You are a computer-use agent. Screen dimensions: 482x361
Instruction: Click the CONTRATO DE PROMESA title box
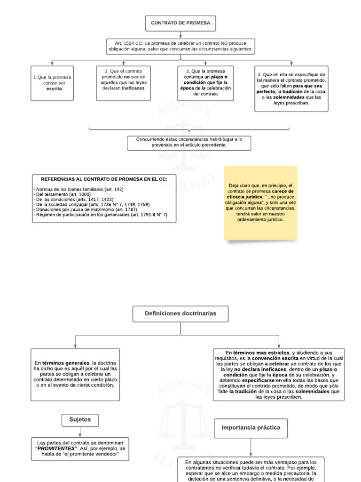click(180, 23)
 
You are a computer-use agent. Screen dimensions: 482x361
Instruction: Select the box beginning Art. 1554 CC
click(180, 46)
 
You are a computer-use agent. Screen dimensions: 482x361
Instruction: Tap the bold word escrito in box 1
click(54, 88)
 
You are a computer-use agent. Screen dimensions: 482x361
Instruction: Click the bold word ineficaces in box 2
click(134, 88)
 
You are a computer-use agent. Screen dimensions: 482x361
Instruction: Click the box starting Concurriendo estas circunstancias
click(189, 142)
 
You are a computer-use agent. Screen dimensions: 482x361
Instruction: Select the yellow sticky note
click(260, 202)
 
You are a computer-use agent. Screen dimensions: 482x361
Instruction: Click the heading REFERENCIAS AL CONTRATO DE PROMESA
click(101, 179)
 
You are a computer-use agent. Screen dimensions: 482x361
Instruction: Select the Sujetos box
click(80, 419)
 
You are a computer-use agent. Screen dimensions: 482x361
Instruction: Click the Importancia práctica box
click(251, 428)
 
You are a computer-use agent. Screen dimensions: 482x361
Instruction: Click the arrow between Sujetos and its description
click(80, 432)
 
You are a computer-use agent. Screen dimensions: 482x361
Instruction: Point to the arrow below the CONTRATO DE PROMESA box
click(180, 34)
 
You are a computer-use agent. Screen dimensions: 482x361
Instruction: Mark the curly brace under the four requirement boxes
click(189, 129)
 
